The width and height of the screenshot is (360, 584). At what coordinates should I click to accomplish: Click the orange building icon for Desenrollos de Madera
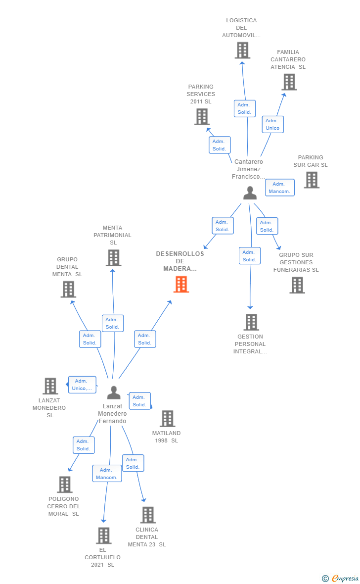click(x=181, y=284)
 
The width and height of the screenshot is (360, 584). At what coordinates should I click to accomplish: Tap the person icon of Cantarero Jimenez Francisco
click(x=250, y=193)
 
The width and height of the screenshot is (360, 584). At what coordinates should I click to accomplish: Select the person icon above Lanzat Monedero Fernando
click(x=114, y=392)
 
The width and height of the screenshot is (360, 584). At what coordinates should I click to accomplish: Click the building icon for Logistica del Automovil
click(x=242, y=50)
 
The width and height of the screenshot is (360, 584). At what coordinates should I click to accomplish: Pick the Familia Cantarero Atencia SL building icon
click(x=289, y=82)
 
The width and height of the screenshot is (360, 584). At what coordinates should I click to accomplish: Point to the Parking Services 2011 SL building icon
click(x=202, y=117)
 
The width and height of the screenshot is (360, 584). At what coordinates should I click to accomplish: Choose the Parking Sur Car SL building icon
click(x=312, y=180)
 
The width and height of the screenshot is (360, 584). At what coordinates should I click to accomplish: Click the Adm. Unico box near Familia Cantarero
click(x=272, y=124)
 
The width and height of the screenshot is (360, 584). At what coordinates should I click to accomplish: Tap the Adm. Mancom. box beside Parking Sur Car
click(x=279, y=188)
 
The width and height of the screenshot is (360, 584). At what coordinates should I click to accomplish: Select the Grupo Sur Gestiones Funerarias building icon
click(x=297, y=285)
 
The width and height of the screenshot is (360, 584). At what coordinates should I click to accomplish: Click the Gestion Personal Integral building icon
click(x=251, y=322)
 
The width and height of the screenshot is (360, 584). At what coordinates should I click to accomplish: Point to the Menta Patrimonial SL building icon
click(x=114, y=258)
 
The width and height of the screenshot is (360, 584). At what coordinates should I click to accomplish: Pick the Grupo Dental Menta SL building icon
click(x=68, y=290)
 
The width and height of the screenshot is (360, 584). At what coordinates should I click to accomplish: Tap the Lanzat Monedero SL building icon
click(x=50, y=386)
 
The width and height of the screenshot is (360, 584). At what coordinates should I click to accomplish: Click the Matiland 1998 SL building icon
click(x=168, y=418)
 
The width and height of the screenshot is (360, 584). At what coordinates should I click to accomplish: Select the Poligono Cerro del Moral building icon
click(x=65, y=484)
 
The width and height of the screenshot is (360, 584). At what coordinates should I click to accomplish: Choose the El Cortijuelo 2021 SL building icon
click(x=104, y=535)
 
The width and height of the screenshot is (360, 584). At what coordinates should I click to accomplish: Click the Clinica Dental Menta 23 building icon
click(x=148, y=515)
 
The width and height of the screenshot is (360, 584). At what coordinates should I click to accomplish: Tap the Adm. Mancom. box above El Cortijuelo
click(x=107, y=473)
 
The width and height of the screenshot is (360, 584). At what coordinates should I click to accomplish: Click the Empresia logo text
click(x=345, y=578)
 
